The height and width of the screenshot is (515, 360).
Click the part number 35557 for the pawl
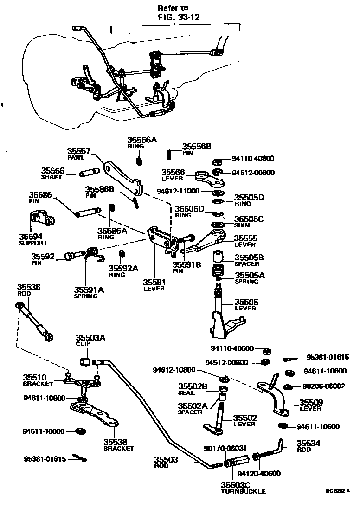click(78, 151)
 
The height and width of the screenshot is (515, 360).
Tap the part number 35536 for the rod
click(29, 287)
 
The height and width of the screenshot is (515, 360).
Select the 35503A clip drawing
click(85, 361)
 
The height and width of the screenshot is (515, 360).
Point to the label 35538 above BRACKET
click(116, 442)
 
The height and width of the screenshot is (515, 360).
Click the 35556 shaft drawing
click(89, 174)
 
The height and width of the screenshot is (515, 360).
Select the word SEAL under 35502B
click(186, 393)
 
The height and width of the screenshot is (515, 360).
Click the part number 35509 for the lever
click(311, 403)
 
